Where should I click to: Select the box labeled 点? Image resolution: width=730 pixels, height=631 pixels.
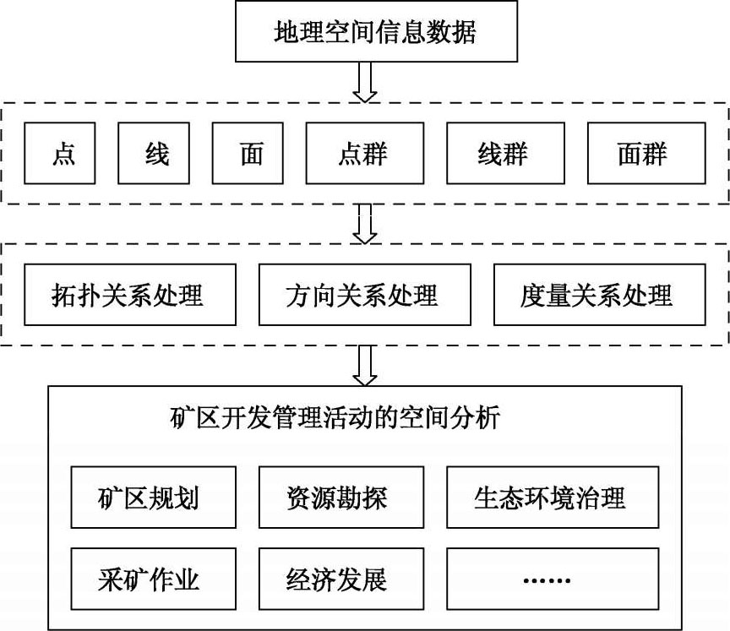point(63,154)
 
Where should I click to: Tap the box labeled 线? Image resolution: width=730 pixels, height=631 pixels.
point(156,154)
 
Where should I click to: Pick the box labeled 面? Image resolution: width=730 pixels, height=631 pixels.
point(250,154)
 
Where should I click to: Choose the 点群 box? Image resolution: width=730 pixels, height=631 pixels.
point(364,154)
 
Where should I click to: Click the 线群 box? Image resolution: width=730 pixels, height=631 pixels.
point(504,154)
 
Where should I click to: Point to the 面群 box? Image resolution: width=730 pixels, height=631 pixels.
point(645,154)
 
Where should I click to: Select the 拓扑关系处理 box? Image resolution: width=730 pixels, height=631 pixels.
point(130,295)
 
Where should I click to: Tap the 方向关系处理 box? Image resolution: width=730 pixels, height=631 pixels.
point(364,295)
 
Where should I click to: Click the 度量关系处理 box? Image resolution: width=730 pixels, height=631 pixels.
point(599,295)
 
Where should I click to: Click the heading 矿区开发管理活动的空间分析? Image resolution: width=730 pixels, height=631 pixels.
point(335,418)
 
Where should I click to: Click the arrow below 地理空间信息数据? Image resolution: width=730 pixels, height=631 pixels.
point(364,83)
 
